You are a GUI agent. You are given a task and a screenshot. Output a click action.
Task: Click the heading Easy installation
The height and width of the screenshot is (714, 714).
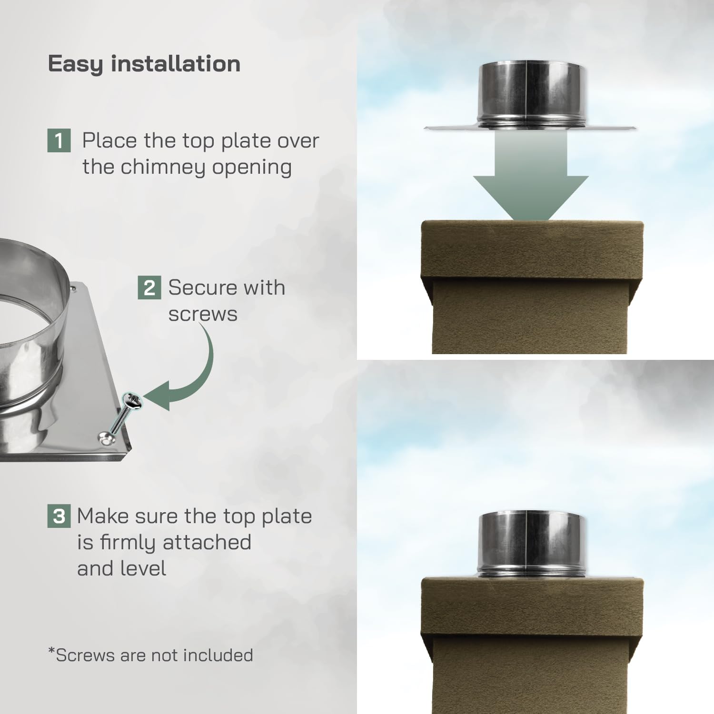pyautogui.click(x=144, y=64)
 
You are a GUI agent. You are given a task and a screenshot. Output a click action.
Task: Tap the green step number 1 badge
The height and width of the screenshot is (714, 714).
pyautogui.click(x=59, y=141)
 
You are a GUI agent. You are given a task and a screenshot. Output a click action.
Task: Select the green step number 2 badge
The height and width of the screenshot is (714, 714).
pyautogui.click(x=149, y=288)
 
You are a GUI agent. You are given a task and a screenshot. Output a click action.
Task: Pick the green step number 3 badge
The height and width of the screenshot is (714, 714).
pyautogui.click(x=59, y=516)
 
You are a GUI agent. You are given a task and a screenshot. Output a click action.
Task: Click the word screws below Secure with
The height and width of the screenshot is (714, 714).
pyautogui.click(x=203, y=314)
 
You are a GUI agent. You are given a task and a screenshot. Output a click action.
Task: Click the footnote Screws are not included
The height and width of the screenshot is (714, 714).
pyautogui.click(x=151, y=655)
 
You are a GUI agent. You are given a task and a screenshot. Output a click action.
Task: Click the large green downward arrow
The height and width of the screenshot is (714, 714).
pyautogui.click(x=530, y=181)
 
